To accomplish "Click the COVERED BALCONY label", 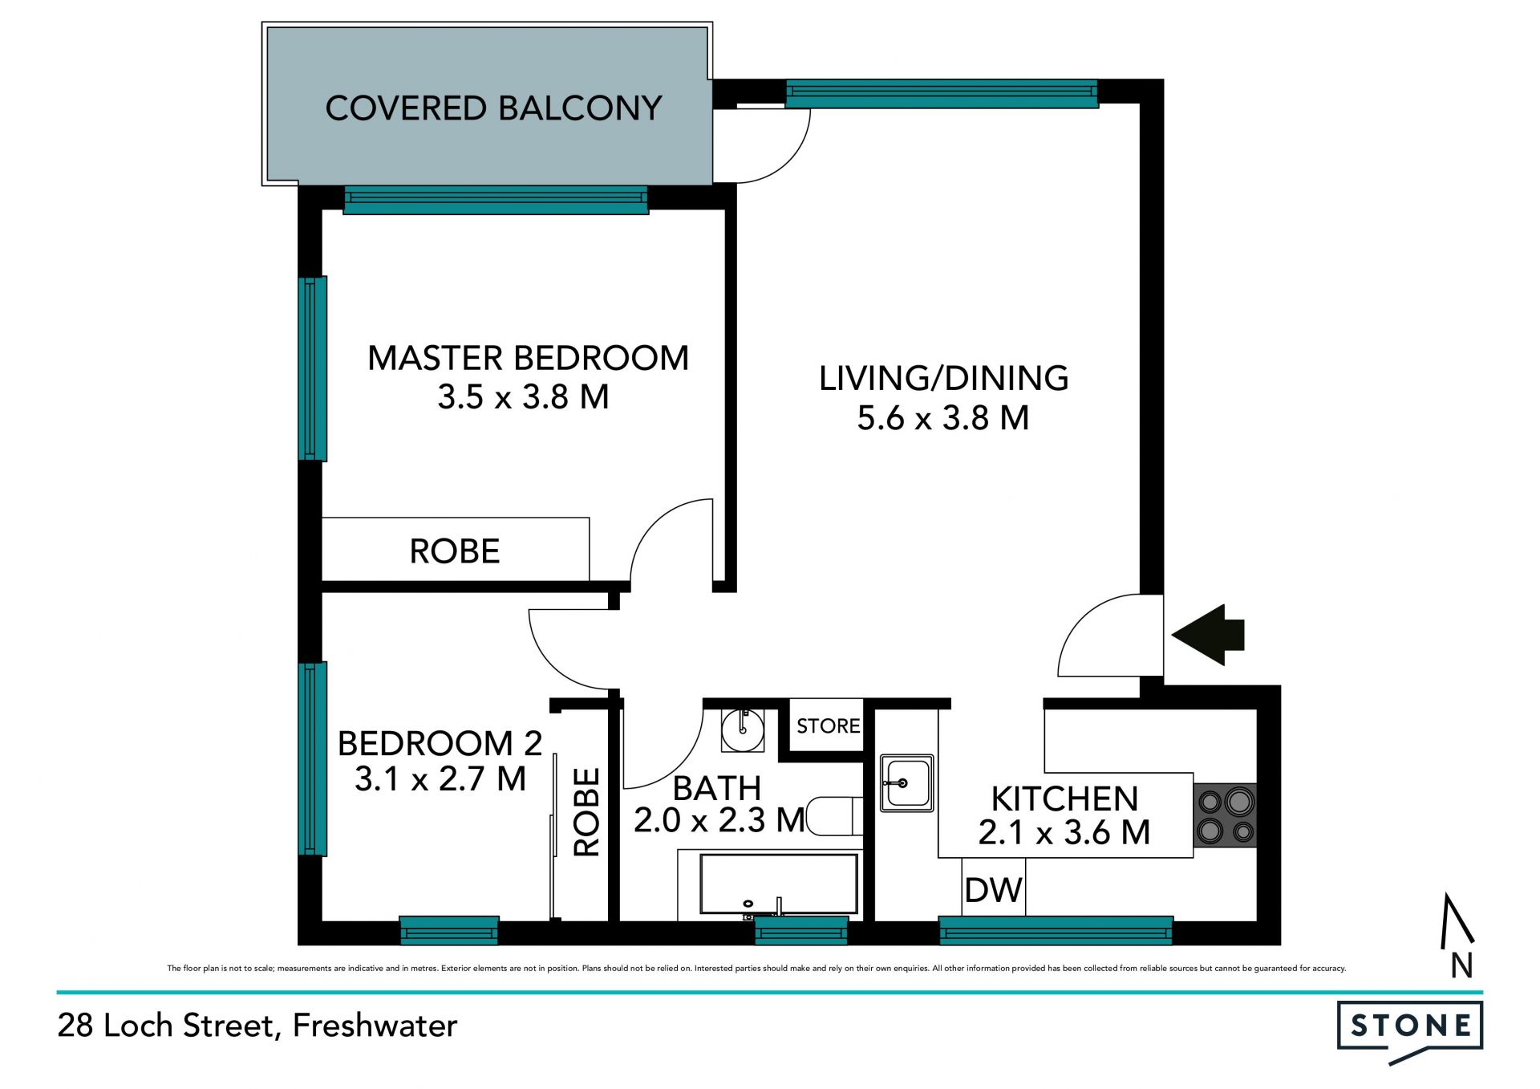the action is pos(493,108).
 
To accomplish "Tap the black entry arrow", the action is pos(1208,635).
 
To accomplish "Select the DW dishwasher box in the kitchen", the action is pos(993,889).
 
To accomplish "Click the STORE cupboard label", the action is pos(828,725).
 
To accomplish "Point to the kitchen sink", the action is pos(906,782).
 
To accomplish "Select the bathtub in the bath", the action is pos(778,884).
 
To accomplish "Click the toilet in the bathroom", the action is pos(834,816).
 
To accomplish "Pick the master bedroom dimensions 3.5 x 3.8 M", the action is pos(523,397).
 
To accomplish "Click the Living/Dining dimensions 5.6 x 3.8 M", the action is pos(942,418).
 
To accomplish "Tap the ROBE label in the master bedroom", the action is pos(455,551).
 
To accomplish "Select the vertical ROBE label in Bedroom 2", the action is pos(587,812).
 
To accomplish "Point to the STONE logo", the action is pos(1409,1032).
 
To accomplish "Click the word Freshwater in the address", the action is pos(375,1026).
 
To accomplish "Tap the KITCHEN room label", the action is pos(1064,799).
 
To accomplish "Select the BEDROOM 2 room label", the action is pos(440,744).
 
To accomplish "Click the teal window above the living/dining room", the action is pos(942,94).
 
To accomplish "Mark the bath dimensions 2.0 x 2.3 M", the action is pos(719,820).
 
